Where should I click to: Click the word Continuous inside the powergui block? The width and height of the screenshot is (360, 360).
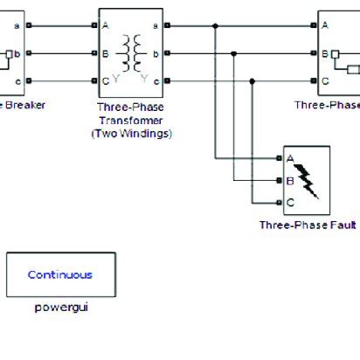[x=59, y=274]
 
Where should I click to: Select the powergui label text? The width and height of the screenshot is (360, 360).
[x=59, y=308]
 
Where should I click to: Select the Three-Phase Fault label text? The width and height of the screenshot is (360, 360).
[x=307, y=225]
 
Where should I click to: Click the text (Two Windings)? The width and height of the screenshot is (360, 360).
[x=130, y=134]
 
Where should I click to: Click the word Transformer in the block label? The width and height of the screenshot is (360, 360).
[x=130, y=121]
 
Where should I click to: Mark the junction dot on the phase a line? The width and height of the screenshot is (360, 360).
[x=216, y=25]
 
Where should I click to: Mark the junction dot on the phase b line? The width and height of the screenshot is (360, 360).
[x=234, y=53]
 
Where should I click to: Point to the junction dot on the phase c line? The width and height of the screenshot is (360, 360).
[x=253, y=82]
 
